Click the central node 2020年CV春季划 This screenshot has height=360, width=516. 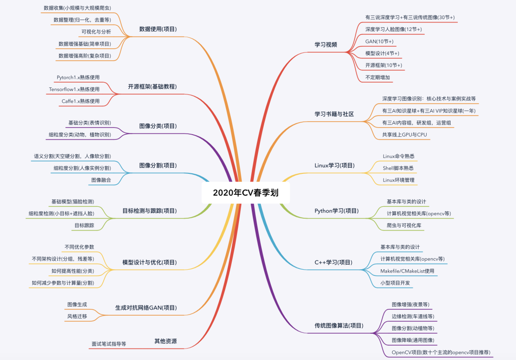[246, 193]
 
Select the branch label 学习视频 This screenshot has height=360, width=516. [326, 44]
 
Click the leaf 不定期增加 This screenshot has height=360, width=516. [378, 76]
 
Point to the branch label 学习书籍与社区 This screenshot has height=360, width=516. [334, 114]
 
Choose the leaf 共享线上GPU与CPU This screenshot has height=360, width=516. [404, 135]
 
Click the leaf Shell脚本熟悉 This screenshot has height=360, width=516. [398, 168]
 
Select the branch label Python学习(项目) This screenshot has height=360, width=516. [336, 211]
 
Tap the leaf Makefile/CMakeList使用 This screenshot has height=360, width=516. [407, 271]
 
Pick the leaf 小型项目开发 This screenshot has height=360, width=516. [395, 283]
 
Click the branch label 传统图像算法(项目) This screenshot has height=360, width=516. [339, 326]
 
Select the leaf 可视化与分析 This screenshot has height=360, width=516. [96, 32]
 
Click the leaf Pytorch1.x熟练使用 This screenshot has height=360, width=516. [78, 77]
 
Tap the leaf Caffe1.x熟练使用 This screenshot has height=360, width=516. [80, 101]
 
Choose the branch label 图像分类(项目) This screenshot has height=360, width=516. [158, 126]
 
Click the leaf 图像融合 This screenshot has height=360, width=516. [101, 180]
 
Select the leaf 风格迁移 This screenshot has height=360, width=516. [77, 316]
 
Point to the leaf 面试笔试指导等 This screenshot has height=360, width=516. [109, 343]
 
